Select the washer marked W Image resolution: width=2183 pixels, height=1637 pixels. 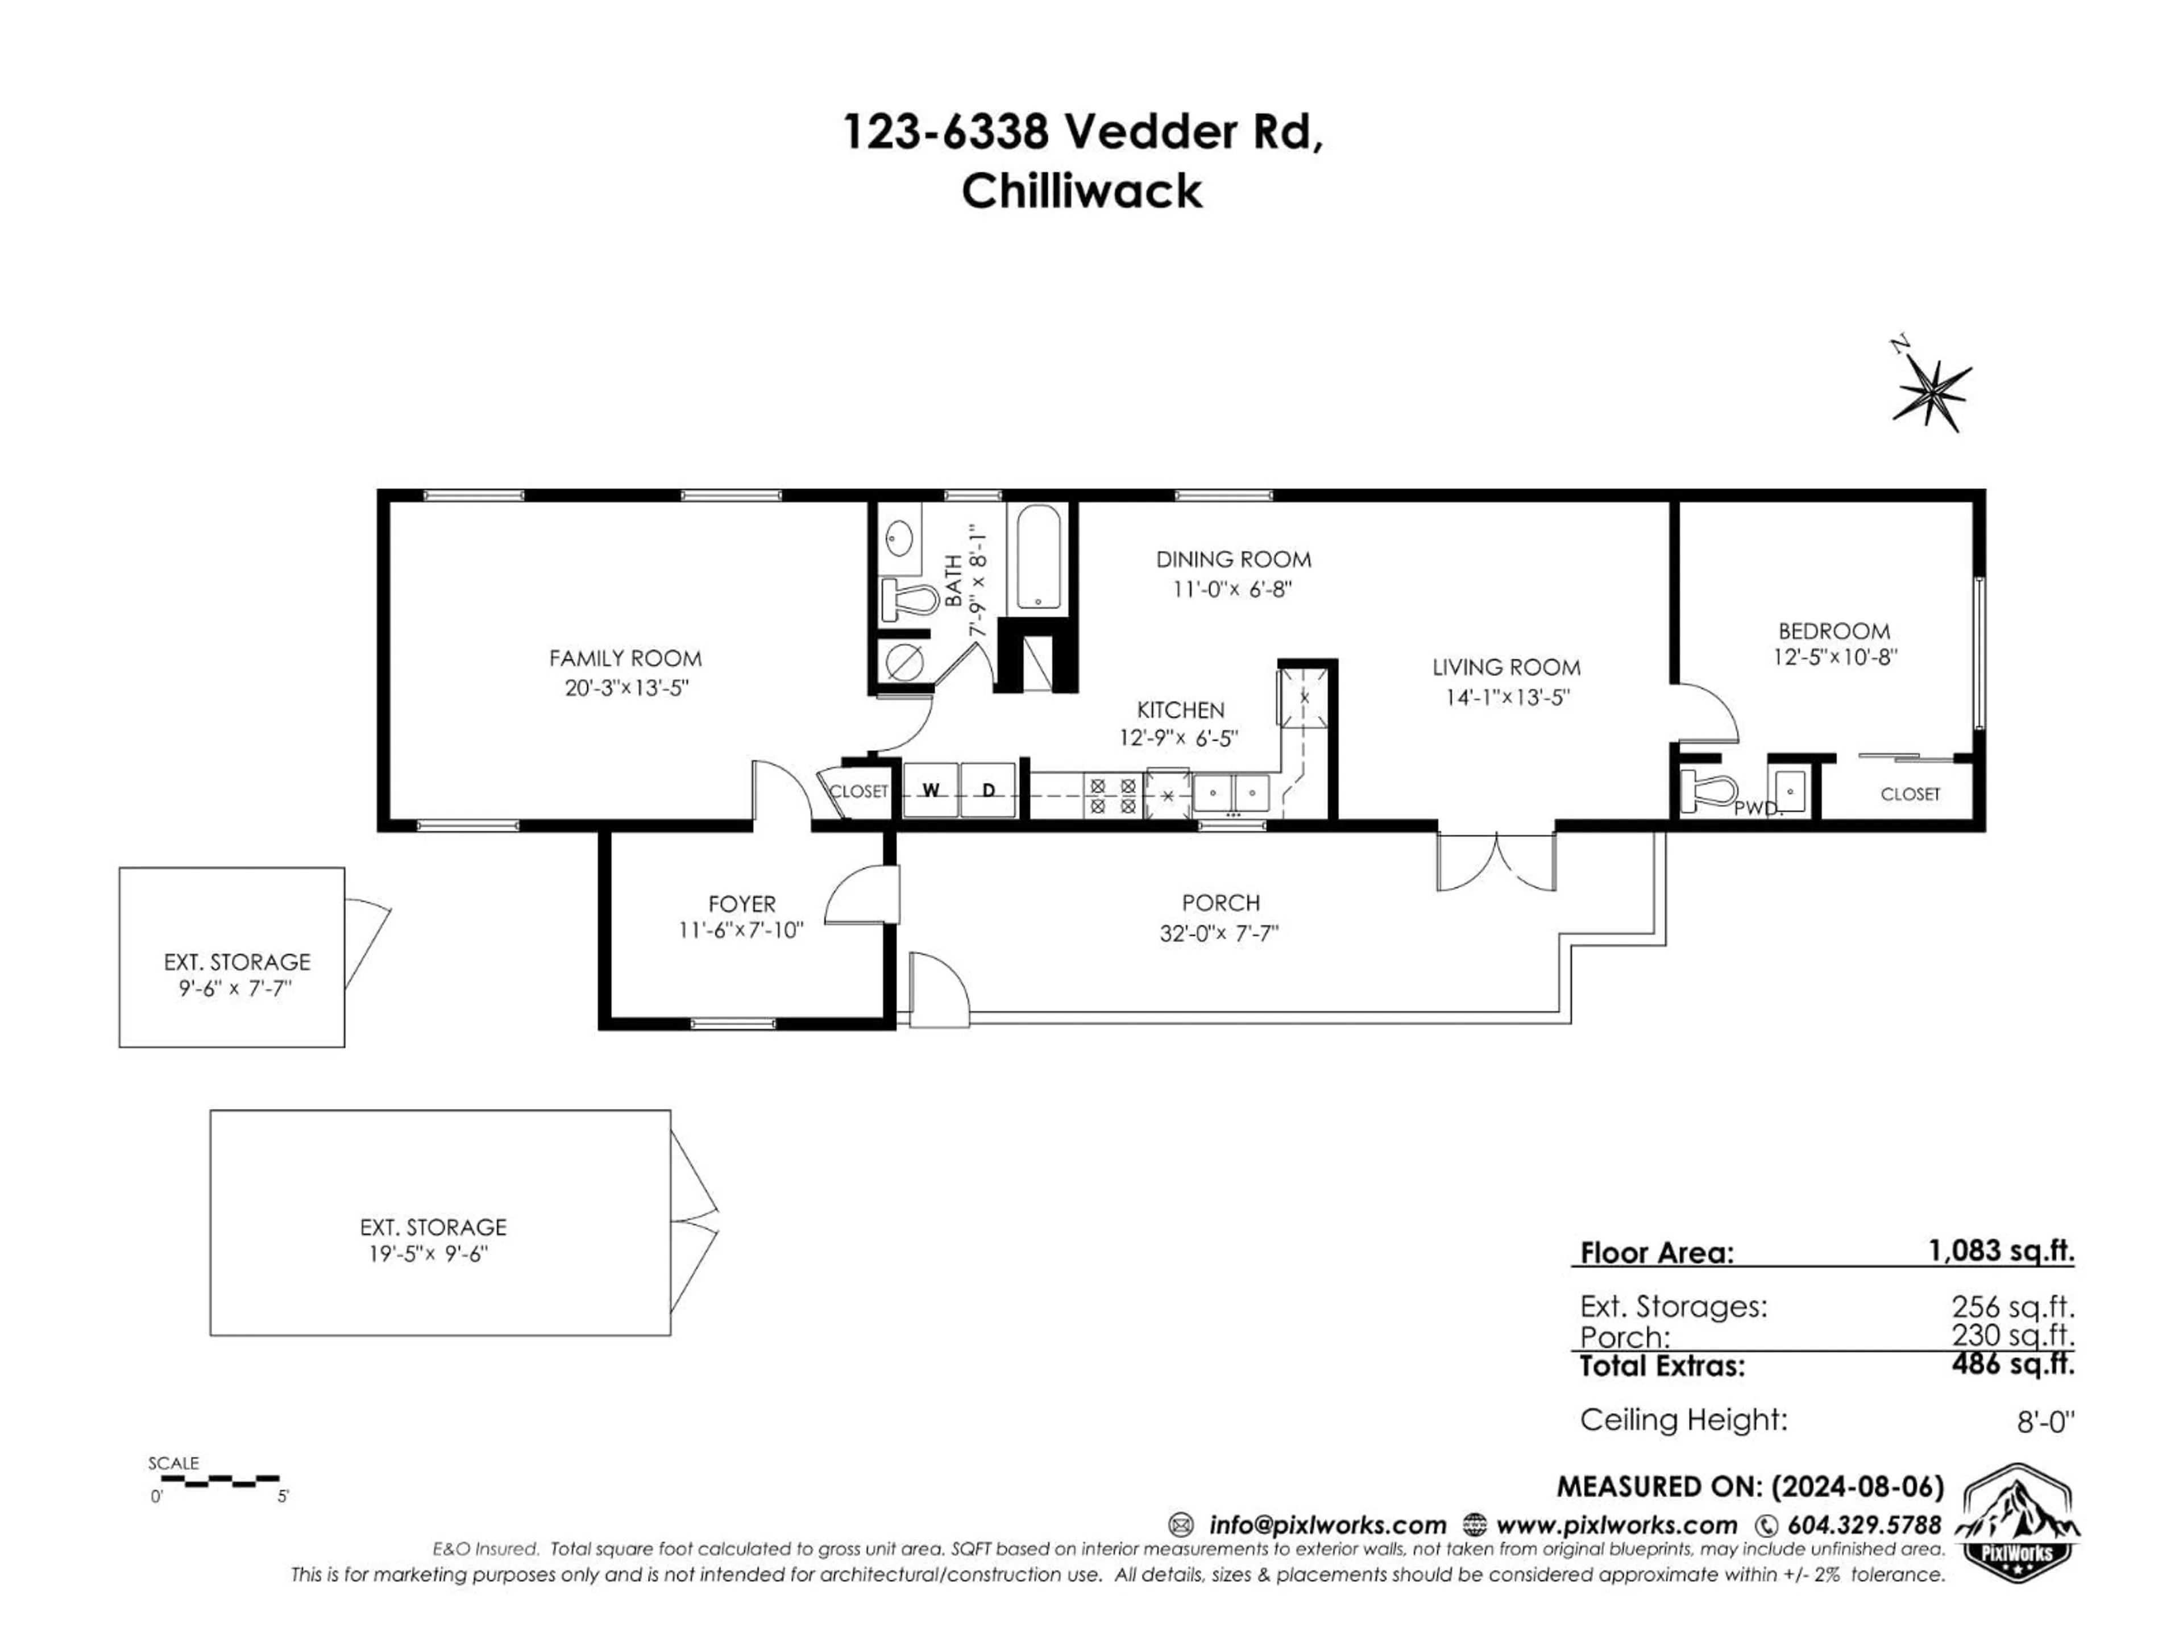click(931, 790)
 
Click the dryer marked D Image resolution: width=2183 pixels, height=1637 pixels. click(989, 790)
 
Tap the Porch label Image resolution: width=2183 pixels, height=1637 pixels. click(1221, 903)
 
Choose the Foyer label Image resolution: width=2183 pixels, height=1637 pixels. click(742, 904)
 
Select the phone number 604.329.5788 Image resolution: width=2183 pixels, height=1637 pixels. click(1864, 1524)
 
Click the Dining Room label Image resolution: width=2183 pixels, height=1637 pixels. click(1234, 559)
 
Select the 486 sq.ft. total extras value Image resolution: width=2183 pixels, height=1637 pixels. click(2013, 1365)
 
